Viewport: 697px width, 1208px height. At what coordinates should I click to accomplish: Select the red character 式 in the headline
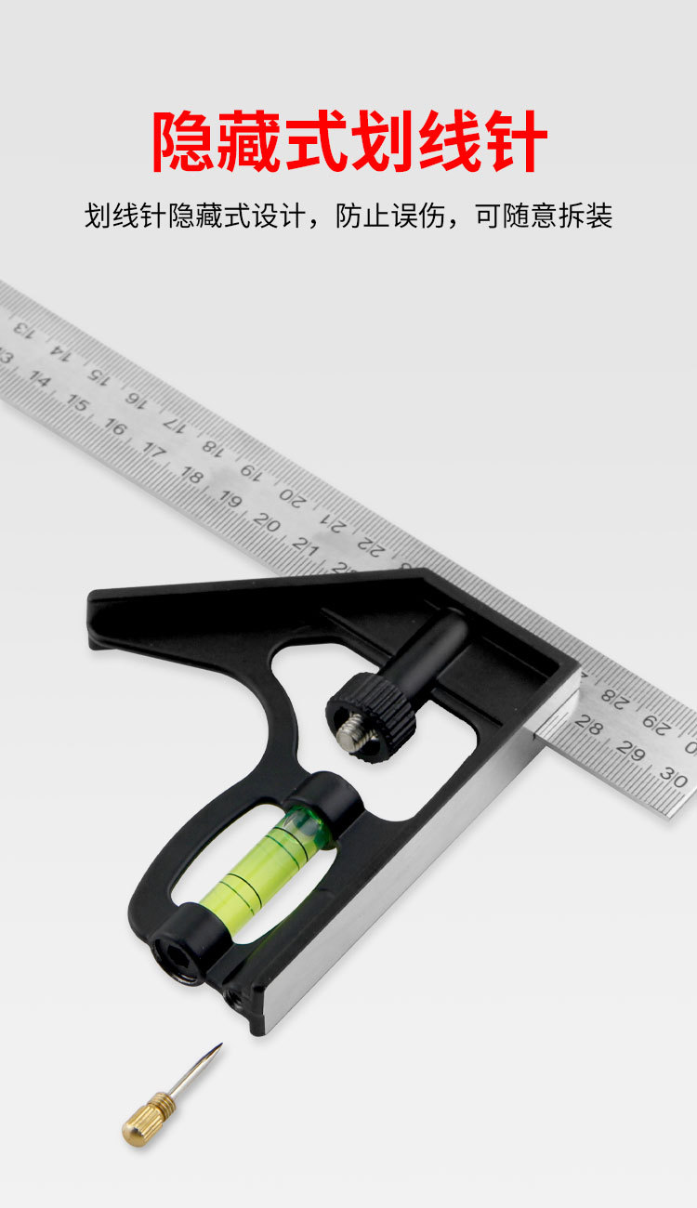(x=317, y=140)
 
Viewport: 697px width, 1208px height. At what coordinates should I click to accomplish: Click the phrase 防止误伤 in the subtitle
(x=390, y=216)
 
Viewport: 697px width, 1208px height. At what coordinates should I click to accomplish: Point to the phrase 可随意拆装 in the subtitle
(x=544, y=216)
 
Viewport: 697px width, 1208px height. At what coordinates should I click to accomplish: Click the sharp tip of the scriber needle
(x=221, y=1044)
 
